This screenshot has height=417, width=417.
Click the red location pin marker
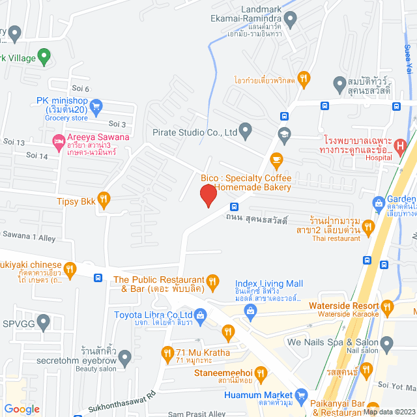[x=207, y=194]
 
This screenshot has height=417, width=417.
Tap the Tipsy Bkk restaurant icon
[x=103, y=199]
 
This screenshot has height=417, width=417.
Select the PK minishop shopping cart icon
[x=96, y=105]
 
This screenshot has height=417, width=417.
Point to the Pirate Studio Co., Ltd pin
[x=246, y=133]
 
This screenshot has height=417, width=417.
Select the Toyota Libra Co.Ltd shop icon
[x=199, y=316]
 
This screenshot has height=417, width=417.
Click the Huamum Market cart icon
[x=301, y=395]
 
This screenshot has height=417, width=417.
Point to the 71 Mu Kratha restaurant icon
[x=167, y=355]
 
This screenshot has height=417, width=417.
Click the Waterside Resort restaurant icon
[x=388, y=306]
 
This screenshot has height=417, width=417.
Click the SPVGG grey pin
[x=44, y=322]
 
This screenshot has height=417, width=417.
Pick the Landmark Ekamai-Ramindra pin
[x=291, y=19]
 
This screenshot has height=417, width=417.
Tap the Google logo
[x=21, y=409]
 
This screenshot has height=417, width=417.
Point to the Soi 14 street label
[x=36, y=156]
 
